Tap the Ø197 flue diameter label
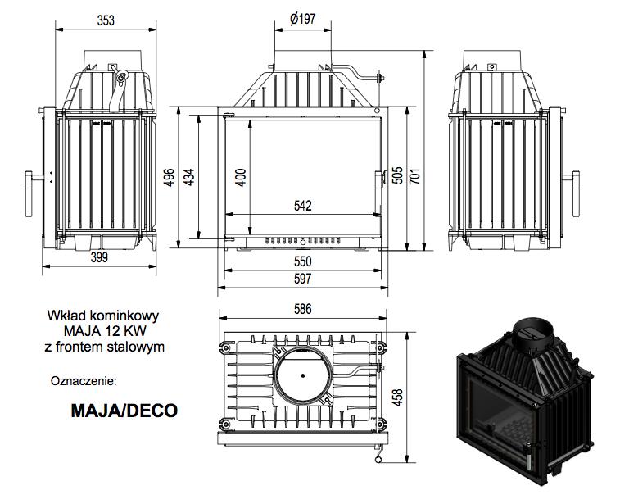coord(302,20)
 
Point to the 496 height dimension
coord(170,176)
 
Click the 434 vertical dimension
coord(190,176)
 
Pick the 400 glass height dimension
coord(241,176)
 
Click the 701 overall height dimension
coord(415,176)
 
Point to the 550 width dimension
coord(302,261)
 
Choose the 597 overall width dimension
coord(302,279)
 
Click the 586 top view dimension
coord(302,309)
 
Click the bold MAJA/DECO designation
coord(124,410)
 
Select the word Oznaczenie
coord(84,381)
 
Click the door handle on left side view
coord(33,189)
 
